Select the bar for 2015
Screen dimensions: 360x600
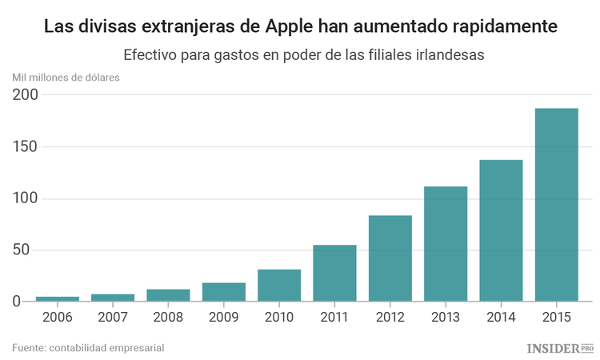[556, 205]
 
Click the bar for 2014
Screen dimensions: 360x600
[501, 230]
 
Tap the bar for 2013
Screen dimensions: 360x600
[446, 244]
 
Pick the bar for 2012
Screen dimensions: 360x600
[390, 258]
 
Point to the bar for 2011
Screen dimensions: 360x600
[334, 273]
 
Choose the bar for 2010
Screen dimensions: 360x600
[279, 286]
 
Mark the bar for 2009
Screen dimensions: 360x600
[223, 292]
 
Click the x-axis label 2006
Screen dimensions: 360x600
[58, 317]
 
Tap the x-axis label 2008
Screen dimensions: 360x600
[168, 317]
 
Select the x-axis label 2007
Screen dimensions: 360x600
[113, 317]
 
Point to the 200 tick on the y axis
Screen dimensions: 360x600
[25, 95]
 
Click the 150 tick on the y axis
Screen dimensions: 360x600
[25, 147]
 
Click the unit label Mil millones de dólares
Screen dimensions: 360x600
[66, 78]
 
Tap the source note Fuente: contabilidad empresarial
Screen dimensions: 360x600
[88, 347]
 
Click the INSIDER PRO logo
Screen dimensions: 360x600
[560, 348]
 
